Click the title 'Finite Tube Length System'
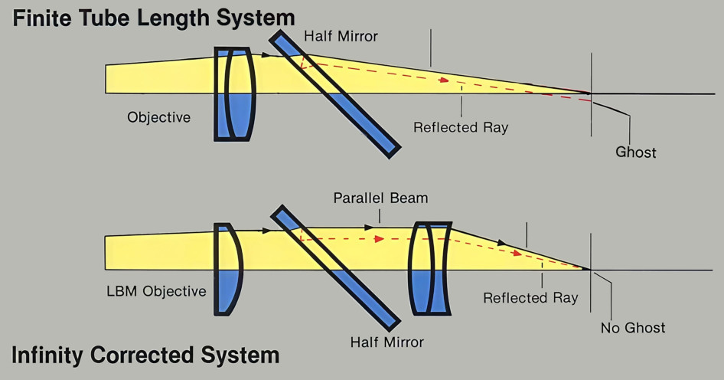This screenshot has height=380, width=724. pos(154,18)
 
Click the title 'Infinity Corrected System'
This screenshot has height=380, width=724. pos(145,355)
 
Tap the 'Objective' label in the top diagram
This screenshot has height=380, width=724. pos(158,117)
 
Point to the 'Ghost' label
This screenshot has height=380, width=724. pos(635,152)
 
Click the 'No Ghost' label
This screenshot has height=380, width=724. pos(633,328)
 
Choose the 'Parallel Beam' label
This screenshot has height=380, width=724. pos(380,198)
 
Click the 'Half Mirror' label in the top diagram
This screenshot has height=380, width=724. pos(341,36)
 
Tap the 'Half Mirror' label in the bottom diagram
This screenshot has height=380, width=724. pos(386,342)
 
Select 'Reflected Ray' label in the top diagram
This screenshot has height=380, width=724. pos(460,127)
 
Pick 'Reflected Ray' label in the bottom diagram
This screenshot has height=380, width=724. pos(530,297)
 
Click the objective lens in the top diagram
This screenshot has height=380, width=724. pos(234,93)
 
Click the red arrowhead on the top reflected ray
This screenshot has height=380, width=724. pos(443,79)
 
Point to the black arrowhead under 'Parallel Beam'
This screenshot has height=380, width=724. pos(370,227)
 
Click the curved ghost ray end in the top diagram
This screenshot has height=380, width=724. pos(608,104)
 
